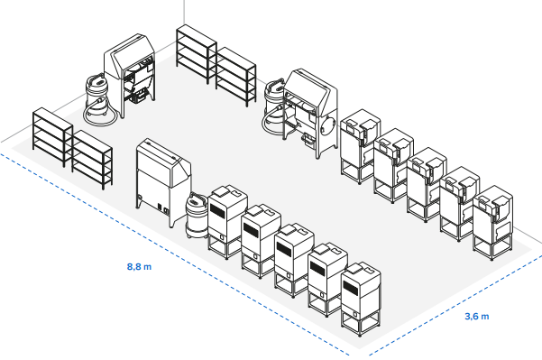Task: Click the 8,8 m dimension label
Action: pos(138,267)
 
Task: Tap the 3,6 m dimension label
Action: pos(476,317)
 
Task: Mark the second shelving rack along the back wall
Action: pos(236,76)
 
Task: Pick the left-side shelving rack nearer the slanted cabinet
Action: pos(92,159)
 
